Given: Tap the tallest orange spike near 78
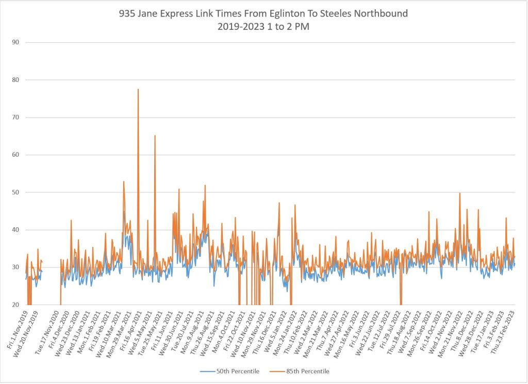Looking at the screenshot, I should [138, 90].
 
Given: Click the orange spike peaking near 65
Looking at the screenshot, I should [155, 136].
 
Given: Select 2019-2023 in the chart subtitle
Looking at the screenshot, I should [241, 27].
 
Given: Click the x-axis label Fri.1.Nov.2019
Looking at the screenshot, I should [18, 330].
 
